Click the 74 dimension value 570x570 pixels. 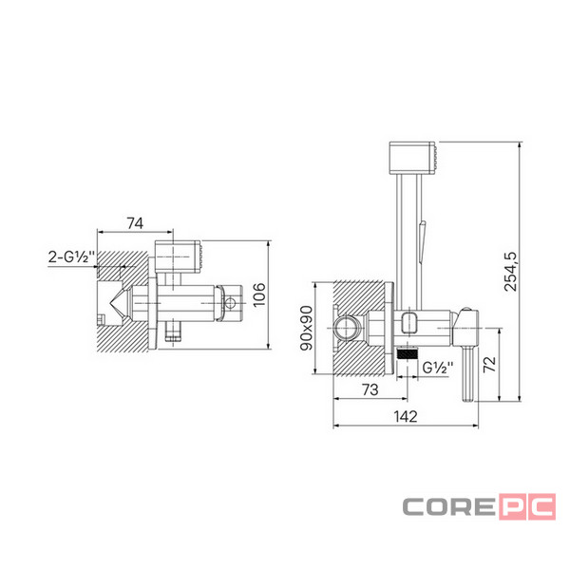(135, 223)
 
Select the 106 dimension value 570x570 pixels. (259, 294)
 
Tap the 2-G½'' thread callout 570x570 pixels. (71, 256)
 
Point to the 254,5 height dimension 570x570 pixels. (510, 271)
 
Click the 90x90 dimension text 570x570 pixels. (306, 329)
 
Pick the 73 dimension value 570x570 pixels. (370, 389)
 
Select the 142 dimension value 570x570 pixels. (406, 417)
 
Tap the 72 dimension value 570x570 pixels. (490, 364)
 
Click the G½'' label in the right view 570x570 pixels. (438, 368)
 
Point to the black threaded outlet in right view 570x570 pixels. (408, 353)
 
